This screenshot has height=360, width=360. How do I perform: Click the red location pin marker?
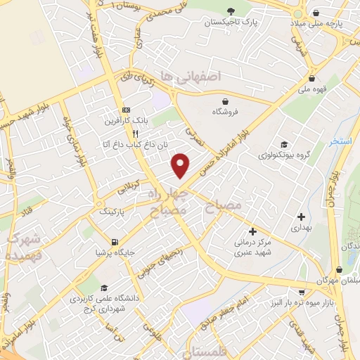[x=181, y=165]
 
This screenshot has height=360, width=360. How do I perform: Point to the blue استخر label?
[x=341, y=142]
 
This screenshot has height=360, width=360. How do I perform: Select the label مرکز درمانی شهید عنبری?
[x=252, y=246]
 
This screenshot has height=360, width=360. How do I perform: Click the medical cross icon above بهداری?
[x=302, y=217]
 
